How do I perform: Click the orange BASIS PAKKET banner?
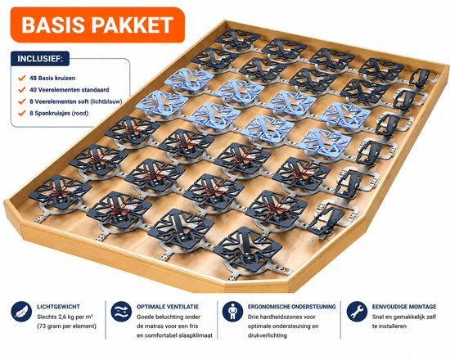click(97, 25)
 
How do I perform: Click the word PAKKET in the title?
click(133, 25)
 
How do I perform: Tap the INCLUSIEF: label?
click(40, 59)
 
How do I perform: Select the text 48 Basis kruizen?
click(52, 78)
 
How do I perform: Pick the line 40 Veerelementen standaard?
click(70, 90)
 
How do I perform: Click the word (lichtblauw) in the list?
click(106, 101)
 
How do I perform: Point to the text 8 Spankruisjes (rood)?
click(59, 113)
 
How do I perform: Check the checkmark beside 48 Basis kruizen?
click(22, 78)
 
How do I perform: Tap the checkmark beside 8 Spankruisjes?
click(22, 113)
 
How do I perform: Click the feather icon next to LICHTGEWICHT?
click(21, 312)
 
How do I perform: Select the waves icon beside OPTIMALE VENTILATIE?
click(121, 312)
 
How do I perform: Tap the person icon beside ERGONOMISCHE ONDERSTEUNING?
click(232, 312)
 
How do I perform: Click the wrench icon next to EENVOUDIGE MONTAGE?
click(357, 312)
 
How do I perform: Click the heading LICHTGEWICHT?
click(59, 307)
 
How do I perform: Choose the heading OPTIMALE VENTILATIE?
click(168, 307)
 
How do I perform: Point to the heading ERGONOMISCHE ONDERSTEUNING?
click(292, 307)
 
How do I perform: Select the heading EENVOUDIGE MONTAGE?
click(404, 307)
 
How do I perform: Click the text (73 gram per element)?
click(66, 326)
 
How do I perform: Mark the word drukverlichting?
click(268, 335)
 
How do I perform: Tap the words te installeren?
click(389, 326)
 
